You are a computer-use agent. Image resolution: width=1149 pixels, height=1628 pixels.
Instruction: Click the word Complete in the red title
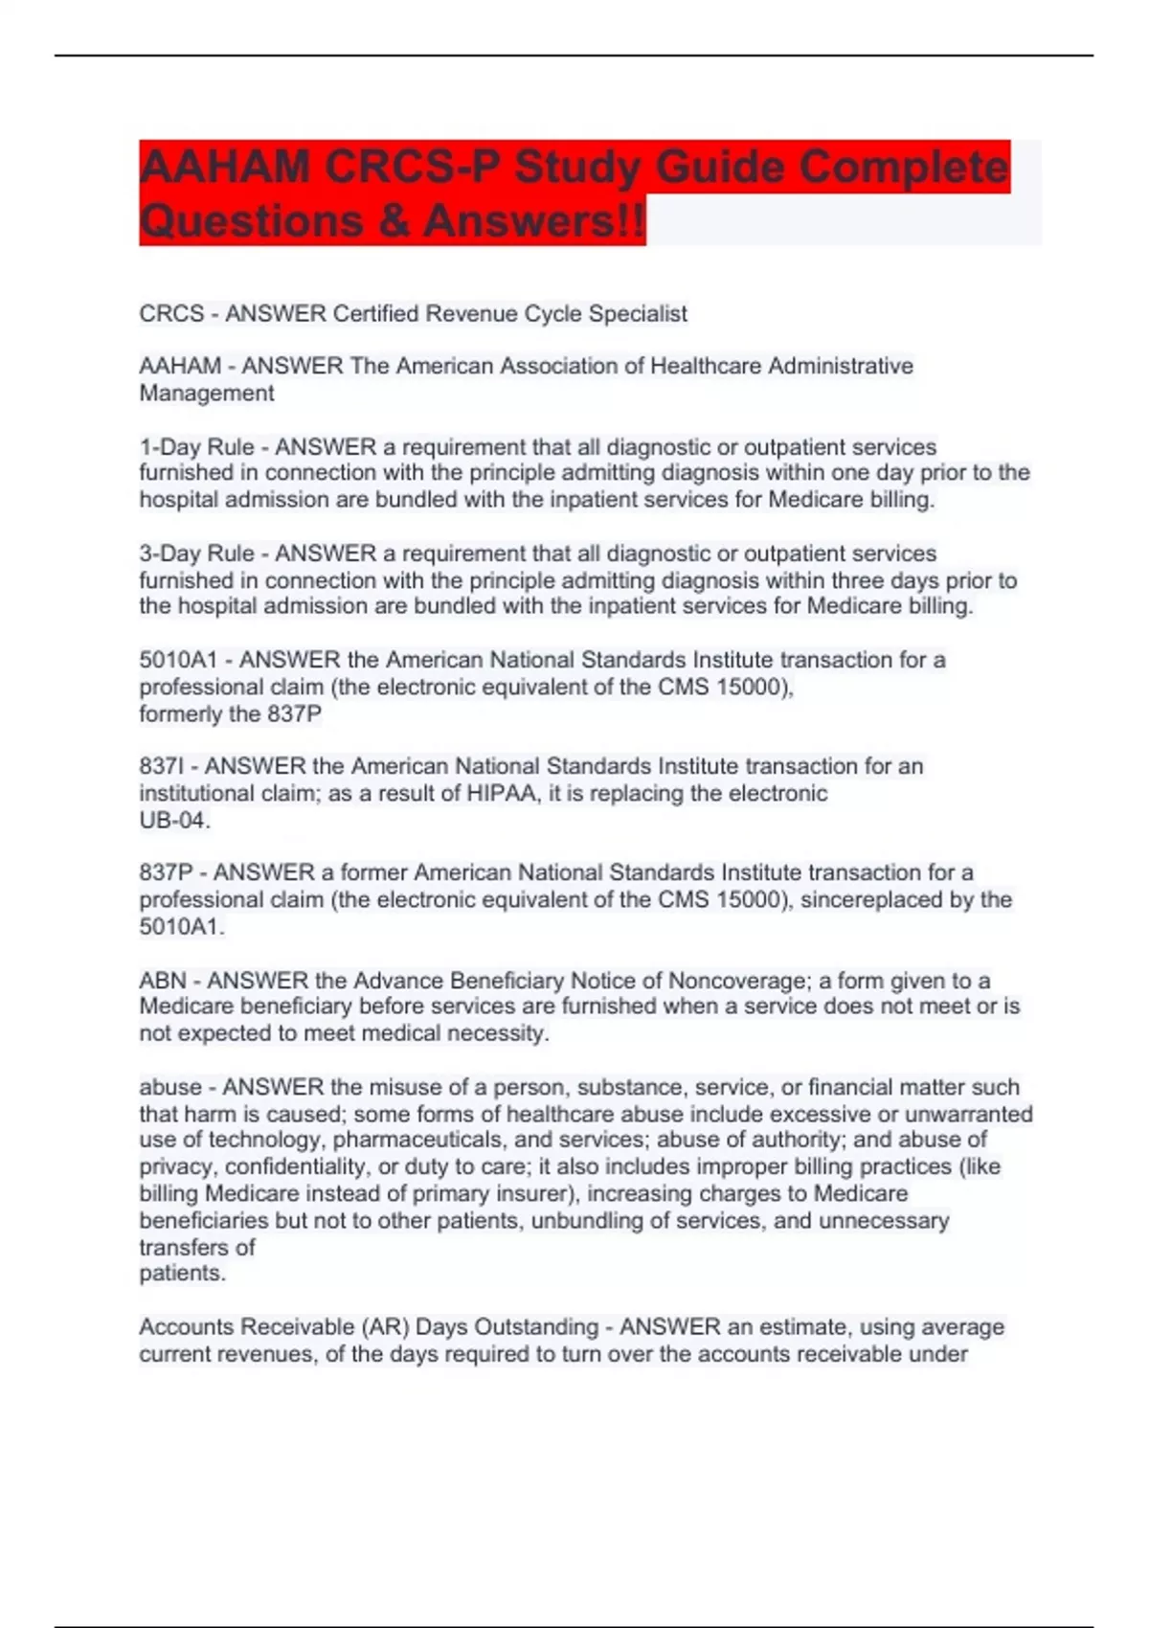[903, 168]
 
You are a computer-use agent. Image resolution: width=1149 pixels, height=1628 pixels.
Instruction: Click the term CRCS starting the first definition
[171, 314]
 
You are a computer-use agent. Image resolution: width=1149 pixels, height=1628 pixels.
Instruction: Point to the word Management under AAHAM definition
[207, 394]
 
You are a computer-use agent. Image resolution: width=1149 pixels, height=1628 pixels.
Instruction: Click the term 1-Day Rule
[196, 447]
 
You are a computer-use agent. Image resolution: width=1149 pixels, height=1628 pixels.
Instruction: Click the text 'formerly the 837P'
[230, 714]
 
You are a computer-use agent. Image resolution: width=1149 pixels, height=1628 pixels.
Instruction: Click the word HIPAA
[502, 794]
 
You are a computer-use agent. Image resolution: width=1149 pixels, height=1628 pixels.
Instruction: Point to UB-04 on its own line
[173, 821]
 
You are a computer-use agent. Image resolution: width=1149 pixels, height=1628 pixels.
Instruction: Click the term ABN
[162, 981]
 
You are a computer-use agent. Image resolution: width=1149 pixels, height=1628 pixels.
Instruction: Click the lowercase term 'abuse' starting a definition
[170, 1088]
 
